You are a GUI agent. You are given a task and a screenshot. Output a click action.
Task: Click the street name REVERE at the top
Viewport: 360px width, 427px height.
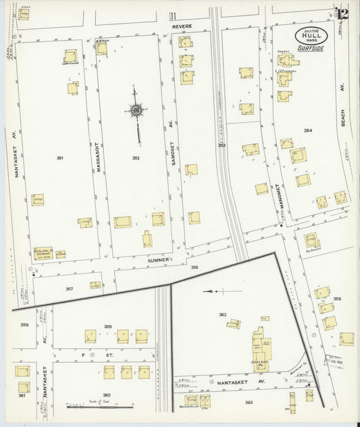point(182,26)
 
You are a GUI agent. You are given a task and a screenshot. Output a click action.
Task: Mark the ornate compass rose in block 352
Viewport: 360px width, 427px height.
point(136,111)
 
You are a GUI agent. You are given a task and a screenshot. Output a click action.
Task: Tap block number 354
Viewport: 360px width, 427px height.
point(308,130)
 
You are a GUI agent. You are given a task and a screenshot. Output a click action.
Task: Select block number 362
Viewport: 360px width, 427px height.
point(222,314)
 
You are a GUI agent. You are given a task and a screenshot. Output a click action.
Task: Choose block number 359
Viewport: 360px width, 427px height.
point(107,327)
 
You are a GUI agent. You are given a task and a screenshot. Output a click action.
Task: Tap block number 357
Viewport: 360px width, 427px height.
point(69,288)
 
